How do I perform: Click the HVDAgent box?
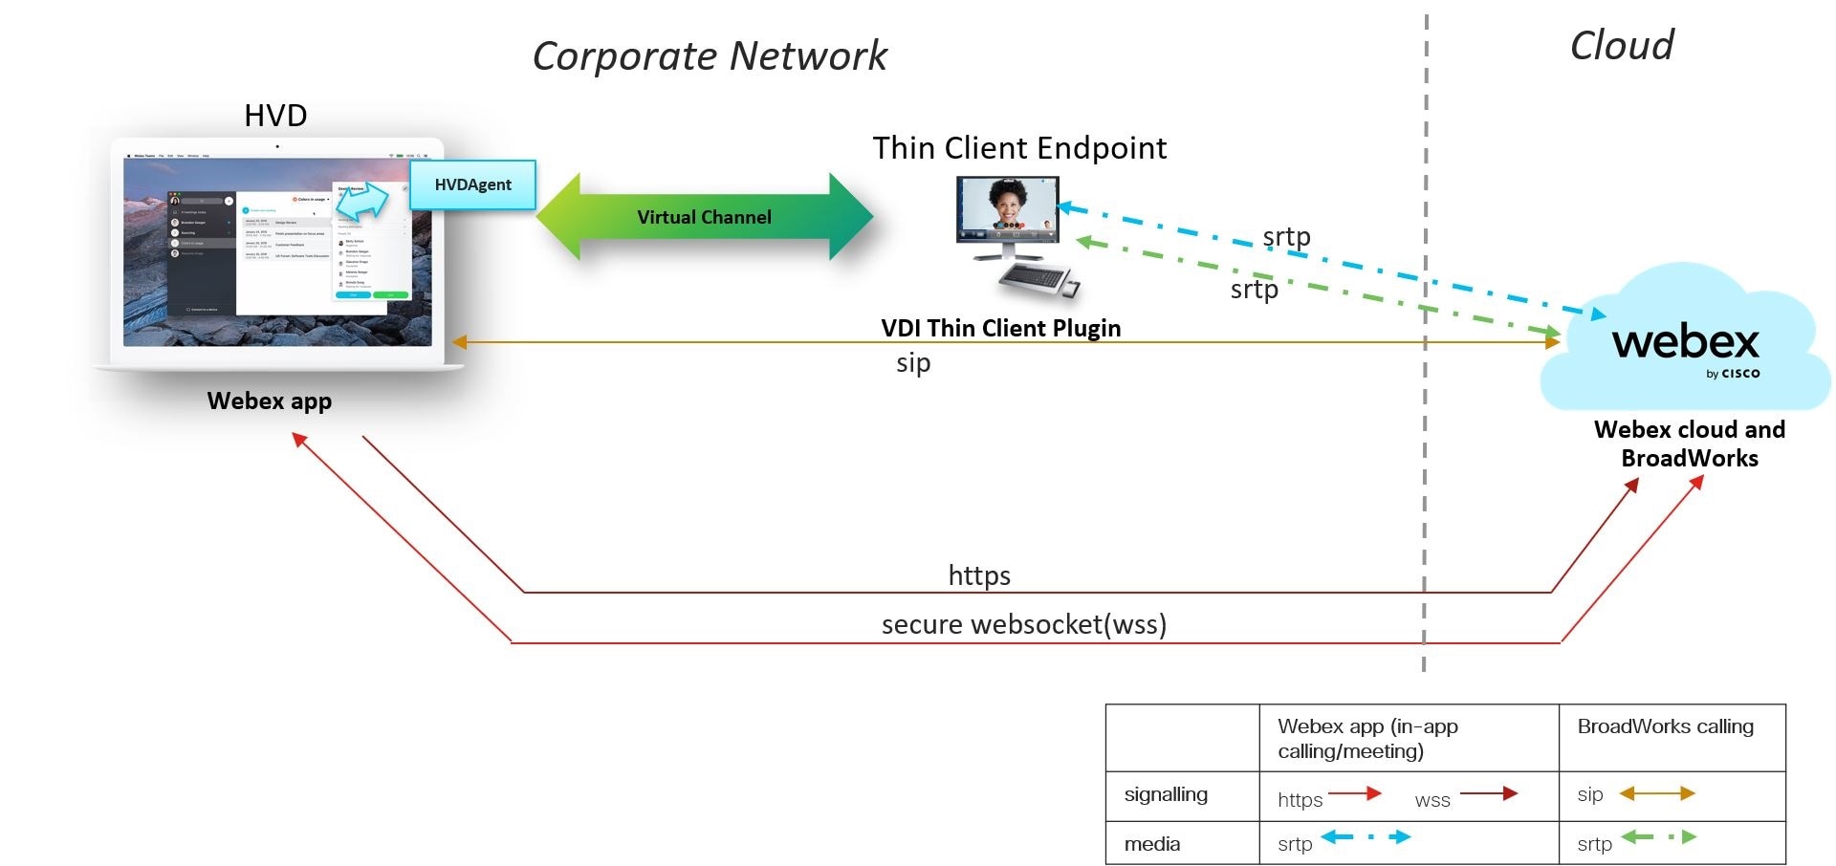pyautogui.click(x=472, y=184)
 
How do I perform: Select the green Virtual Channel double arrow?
pyautogui.click(x=704, y=217)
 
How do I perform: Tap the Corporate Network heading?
pyautogui.click(x=710, y=55)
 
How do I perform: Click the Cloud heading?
pyautogui.click(x=1622, y=45)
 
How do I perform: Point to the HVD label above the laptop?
pyautogui.click(x=275, y=116)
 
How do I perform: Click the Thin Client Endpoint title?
pyautogui.click(x=1019, y=148)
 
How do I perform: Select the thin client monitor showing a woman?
pyautogui.click(x=1008, y=212)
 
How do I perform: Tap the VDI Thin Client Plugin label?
pyautogui.click(x=1000, y=328)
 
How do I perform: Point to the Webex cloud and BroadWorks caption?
pyautogui.click(x=1690, y=444)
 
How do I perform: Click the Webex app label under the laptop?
pyautogui.click(x=270, y=401)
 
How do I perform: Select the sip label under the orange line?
pyautogui.click(x=913, y=363)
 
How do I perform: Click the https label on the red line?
pyautogui.click(x=979, y=575)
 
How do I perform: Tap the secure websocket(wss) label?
pyautogui.click(x=1023, y=624)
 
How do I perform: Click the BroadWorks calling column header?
pyautogui.click(x=1665, y=726)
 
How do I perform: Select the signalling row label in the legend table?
pyautogui.click(x=1166, y=794)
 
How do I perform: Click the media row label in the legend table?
pyautogui.click(x=1152, y=844)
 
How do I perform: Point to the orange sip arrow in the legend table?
pyautogui.click(x=1656, y=793)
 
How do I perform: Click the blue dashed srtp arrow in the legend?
pyautogui.click(x=1366, y=837)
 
